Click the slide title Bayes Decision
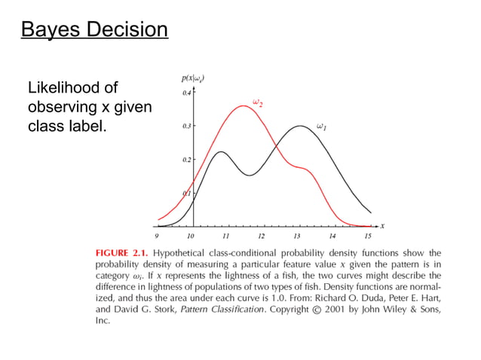coord(93,31)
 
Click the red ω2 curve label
coord(256,102)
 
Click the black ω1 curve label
coord(321,127)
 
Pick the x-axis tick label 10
coord(191,236)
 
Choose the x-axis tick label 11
coord(226,236)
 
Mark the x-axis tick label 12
coord(262,236)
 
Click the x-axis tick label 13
coord(297,236)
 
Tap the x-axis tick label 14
coord(332,236)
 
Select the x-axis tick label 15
coord(368,236)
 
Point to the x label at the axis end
coord(382,225)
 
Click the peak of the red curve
coord(243,105)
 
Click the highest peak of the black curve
coord(300,126)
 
